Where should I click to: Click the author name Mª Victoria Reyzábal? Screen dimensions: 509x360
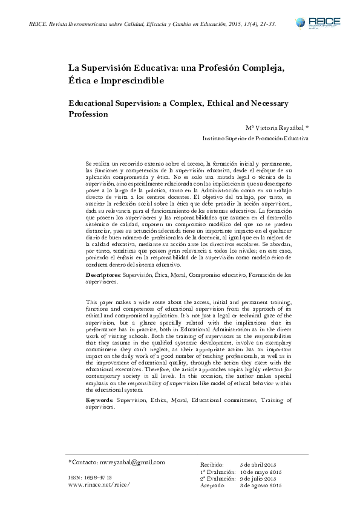pyautogui.click(x=277, y=128)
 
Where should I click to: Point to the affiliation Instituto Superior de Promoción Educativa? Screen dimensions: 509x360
pyautogui.click(x=255, y=138)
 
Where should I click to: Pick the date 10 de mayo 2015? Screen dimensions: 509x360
pyautogui.click(x=263, y=471)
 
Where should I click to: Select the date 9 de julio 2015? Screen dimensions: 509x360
pyautogui.click(x=261, y=478)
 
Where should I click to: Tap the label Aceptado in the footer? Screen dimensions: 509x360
pyautogui.click(x=212, y=485)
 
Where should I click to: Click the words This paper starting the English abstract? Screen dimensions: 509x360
pyautogui.click(x=101, y=302)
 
